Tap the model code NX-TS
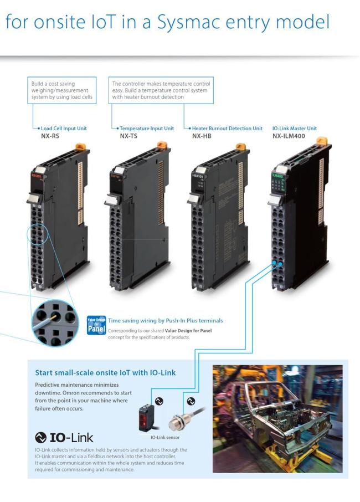pos(130,135)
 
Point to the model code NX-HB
pos(203,135)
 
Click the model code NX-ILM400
pos(288,135)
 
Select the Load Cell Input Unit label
pos(64,128)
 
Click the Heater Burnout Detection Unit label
pos(227,128)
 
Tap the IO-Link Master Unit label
pos(295,128)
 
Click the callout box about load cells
pos(61,91)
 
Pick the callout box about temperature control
pos(161,91)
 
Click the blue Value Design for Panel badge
pos(96,325)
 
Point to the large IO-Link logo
pos(64,437)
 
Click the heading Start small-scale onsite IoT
pos(105,373)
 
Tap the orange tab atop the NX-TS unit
pos(162,145)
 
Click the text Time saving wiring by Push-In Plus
pos(165,320)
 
